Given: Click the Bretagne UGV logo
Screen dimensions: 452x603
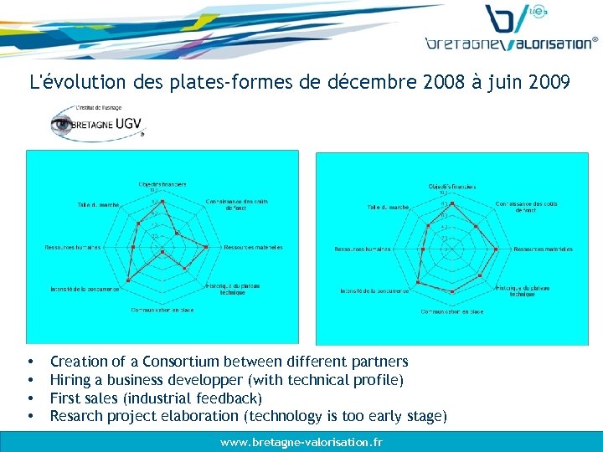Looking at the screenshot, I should (97, 123).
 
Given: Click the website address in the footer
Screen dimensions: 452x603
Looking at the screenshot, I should (301, 441).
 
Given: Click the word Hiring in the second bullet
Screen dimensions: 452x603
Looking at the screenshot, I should (70, 380).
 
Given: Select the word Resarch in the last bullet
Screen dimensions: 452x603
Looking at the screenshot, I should (78, 416).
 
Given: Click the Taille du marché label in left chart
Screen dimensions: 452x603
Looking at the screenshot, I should (99, 204).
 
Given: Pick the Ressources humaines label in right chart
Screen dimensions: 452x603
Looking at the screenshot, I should (363, 249).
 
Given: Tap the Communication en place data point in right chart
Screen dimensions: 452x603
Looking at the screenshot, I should (452, 291).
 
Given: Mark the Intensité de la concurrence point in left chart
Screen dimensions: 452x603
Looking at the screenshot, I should (127, 279).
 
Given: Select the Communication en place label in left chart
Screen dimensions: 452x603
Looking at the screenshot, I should (162, 310).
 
